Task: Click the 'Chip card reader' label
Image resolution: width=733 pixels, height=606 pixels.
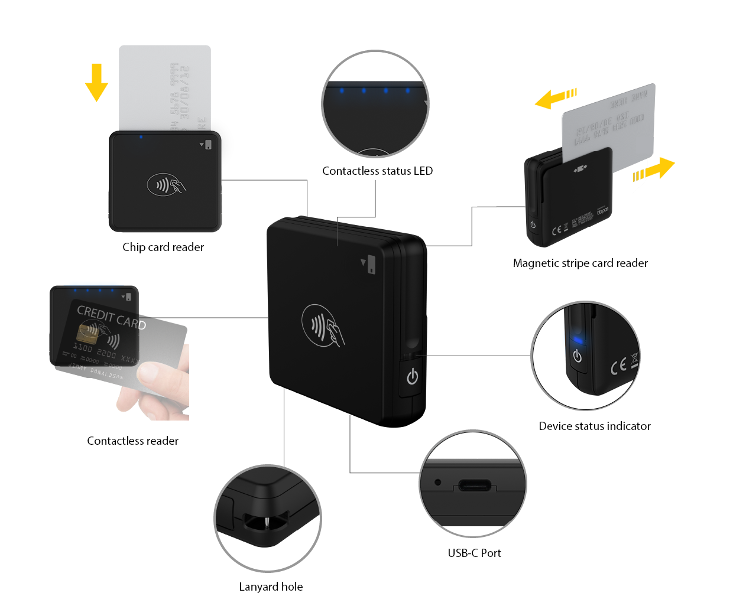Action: coord(163,247)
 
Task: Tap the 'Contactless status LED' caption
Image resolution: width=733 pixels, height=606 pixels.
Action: coord(377,171)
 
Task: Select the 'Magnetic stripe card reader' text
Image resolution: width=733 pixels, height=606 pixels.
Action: coord(580,263)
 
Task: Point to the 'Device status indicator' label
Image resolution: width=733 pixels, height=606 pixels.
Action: coord(594,426)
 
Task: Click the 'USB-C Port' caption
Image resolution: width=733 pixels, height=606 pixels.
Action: coord(474,553)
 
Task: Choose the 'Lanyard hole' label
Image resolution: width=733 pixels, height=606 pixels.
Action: coord(271,587)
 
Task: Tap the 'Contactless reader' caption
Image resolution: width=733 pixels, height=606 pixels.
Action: coord(132,441)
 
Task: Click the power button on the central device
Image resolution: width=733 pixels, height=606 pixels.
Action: coord(412,377)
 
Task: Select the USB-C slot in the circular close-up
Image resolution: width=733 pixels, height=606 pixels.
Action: coord(474,486)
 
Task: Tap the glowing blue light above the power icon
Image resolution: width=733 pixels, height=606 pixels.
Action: coord(578,340)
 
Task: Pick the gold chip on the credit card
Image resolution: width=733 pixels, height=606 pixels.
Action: coord(87,334)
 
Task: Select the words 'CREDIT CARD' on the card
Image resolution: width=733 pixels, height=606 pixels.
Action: coord(111,317)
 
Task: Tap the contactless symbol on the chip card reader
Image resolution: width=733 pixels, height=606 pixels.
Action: coord(166,185)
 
